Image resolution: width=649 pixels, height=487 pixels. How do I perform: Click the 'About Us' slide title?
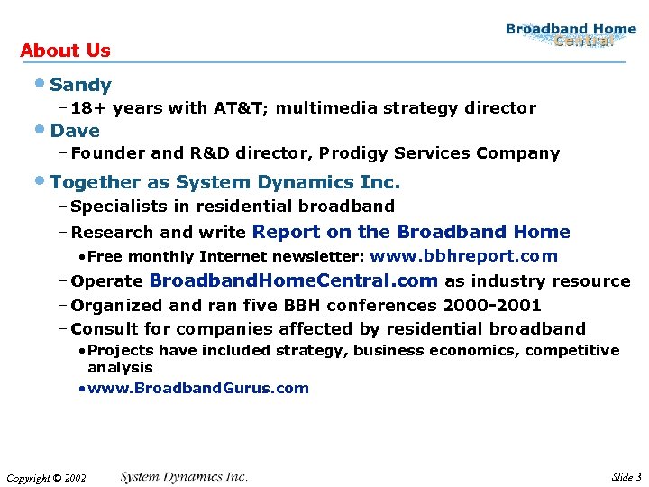[65, 51]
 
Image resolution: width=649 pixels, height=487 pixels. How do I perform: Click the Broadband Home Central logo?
[571, 35]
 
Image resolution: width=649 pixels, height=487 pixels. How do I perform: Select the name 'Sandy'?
[81, 85]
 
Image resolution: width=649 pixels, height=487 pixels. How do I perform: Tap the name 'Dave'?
[75, 131]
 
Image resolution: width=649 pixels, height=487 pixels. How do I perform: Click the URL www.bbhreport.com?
[463, 256]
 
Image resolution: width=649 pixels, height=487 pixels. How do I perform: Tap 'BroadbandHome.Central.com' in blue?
[293, 280]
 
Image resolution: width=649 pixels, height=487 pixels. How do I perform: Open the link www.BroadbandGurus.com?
[198, 389]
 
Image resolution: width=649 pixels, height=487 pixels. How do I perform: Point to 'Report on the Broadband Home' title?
[411, 232]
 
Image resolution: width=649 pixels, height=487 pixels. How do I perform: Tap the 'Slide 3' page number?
[626, 476]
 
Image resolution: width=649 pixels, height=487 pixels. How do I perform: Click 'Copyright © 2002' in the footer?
[46, 477]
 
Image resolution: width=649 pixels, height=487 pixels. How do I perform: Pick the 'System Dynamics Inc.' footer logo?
[184, 476]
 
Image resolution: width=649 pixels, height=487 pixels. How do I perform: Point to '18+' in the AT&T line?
[87, 108]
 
